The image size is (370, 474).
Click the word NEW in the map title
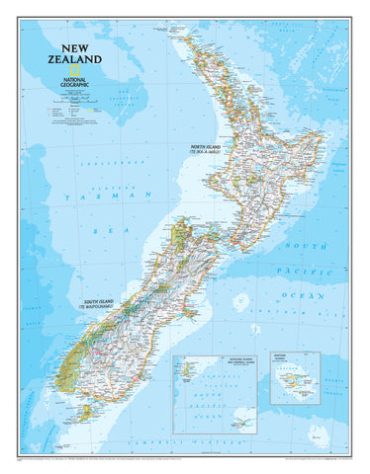74,46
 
